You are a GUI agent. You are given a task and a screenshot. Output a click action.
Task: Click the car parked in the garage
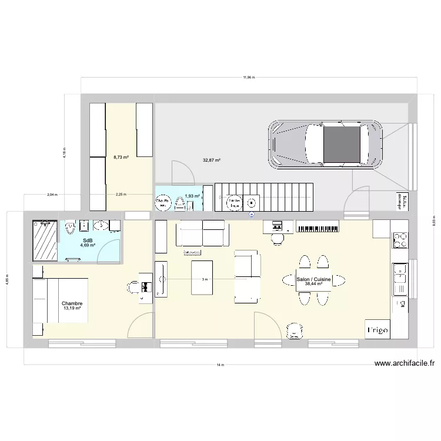point(324,145)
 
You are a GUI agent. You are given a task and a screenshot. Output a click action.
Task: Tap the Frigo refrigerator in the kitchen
point(377,330)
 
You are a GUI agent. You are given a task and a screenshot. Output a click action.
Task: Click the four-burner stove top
point(400,240)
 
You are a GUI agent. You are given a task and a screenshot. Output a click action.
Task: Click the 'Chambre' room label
point(72,303)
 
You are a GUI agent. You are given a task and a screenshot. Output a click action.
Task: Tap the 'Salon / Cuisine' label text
point(314,279)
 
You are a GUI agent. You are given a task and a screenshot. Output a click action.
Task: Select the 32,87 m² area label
point(212,160)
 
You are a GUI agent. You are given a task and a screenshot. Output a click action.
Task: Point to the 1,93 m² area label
point(192,196)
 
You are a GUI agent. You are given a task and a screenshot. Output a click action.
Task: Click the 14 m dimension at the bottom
point(220,365)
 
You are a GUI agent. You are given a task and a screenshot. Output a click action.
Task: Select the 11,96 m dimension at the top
point(249,77)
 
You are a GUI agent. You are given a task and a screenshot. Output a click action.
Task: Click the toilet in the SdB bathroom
point(70,228)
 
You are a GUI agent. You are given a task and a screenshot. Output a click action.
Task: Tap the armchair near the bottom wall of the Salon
point(293,331)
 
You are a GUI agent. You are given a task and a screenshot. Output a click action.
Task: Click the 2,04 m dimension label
point(52,195)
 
